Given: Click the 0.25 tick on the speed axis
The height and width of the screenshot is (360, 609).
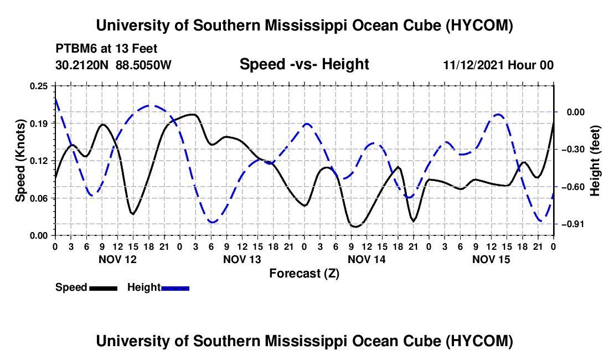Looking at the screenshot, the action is [x=39, y=86].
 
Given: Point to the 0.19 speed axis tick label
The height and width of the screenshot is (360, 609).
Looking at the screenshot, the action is [x=39, y=124].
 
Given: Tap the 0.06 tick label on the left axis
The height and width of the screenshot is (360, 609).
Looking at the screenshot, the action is [x=39, y=198].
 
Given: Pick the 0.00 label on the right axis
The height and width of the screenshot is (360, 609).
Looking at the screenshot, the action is [x=576, y=112].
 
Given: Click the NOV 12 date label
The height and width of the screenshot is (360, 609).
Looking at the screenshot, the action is [x=118, y=259].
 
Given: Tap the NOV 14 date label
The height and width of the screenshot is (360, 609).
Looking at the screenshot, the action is [x=367, y=259].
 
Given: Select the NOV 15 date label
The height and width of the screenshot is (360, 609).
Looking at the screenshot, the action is [x=491, y=259].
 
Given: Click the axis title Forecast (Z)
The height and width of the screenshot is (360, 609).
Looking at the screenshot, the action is [x=304, y=274].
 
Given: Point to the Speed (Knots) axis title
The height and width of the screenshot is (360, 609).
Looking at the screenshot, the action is [x=20, y=161].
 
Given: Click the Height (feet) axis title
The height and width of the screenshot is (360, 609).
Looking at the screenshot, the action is [x=595, y=161].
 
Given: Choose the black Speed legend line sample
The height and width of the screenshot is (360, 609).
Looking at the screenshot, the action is [x=104, y=288].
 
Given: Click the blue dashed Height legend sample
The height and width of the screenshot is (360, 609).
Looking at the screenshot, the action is [x=175, y=288].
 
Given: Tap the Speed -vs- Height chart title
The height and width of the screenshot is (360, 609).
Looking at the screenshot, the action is [x=304, y=64].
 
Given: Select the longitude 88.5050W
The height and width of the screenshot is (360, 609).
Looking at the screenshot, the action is [x=143, y=65].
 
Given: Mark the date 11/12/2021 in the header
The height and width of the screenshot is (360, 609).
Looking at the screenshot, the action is [x=473, y=65].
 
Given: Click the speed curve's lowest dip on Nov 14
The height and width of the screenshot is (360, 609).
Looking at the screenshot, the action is [x=355, y=227].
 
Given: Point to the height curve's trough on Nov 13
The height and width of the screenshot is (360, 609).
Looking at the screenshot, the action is [x=212, y=222].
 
